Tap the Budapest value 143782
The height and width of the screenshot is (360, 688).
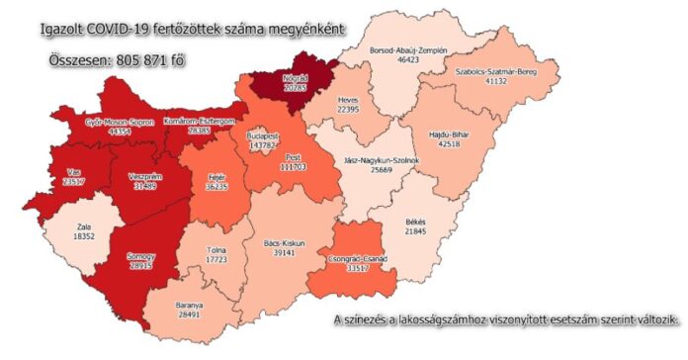263,145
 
